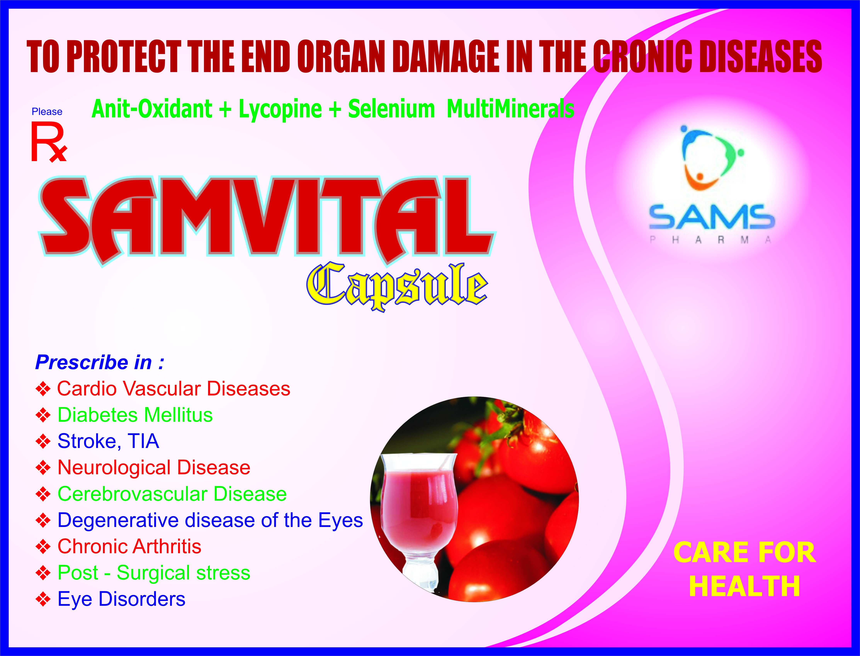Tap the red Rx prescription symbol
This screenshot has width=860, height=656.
click(x=48, y=142)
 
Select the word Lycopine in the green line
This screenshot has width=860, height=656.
click(x=280, y=109)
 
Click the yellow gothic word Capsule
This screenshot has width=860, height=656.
click(x=397, y=287)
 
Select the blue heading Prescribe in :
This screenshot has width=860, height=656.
click(x=99, y=362)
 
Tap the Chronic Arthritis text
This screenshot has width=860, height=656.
click(x=129, y=546)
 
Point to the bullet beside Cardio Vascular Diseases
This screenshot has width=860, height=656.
click(x=43, y=389)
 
